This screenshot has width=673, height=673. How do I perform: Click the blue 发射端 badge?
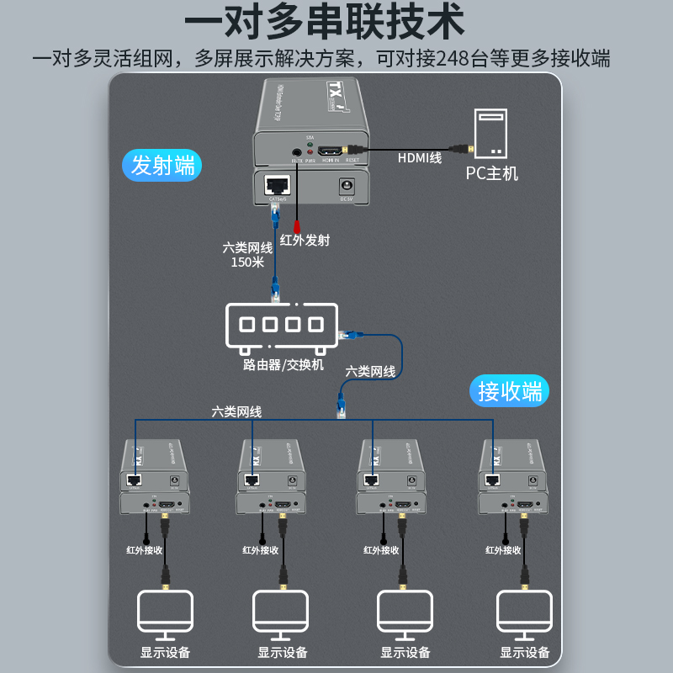point(163,165)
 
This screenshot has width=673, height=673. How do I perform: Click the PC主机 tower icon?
point(492,134)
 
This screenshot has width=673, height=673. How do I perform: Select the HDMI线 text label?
point(420,157)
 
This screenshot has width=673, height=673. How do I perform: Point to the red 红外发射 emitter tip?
point(297,225)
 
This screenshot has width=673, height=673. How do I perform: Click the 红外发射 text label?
point(310,240)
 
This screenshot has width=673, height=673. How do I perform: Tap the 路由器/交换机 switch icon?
point(280,327)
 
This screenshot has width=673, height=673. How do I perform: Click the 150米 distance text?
point(247,262)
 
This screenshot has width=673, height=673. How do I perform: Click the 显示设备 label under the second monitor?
point(283,652)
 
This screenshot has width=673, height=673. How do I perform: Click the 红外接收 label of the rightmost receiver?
point(503,550)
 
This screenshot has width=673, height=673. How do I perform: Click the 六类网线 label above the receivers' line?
point(236,411)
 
